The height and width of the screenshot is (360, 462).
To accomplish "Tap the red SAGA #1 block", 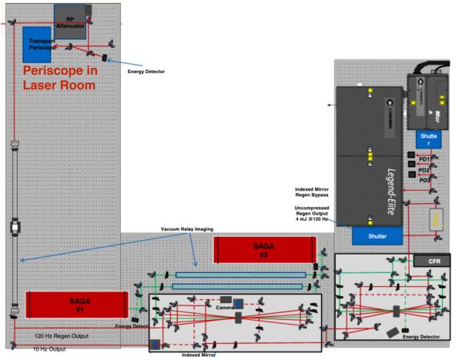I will [x=76, y=303].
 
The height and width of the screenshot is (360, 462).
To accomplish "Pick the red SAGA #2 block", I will [x=264, y=248].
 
